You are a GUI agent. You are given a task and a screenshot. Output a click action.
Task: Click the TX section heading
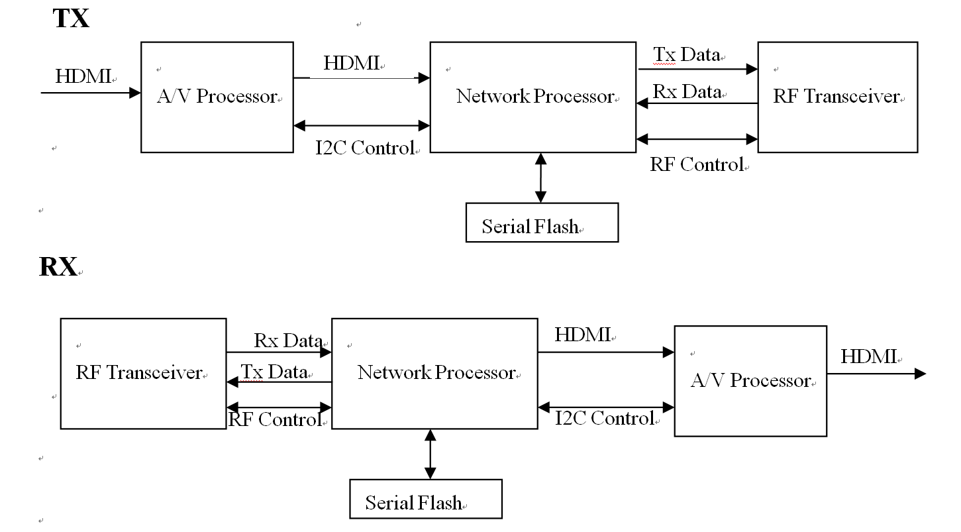pos(71,18)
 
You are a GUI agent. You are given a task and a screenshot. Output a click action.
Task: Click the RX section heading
pos(58,267)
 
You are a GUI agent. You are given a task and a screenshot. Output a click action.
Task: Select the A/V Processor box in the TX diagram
pos(217,97)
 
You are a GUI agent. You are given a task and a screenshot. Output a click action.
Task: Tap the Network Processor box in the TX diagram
pos(534,97)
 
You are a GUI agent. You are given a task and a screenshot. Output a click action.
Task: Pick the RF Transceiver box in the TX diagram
pos(837,97)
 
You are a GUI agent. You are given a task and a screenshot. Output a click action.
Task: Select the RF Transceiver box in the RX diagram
pos(143,373)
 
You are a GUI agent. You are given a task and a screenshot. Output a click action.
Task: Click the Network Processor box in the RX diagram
pos(434,373)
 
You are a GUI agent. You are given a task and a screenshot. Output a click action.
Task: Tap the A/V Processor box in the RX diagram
pos(750,380)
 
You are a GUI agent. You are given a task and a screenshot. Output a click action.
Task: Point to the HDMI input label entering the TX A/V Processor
pos(83,76)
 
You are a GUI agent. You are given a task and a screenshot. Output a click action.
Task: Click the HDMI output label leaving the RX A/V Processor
pos(868,356)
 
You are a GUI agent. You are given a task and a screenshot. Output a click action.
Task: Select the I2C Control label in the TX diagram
pos(365,148)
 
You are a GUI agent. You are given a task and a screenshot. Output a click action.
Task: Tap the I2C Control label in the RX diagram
pos(604,418)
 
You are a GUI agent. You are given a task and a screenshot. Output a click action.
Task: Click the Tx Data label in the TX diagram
pos(686,54)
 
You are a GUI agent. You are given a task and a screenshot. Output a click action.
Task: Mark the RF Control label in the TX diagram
pos(697,164)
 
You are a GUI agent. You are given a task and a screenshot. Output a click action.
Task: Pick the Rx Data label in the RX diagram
pos(288,341)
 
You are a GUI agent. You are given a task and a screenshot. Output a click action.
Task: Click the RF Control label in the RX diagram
pos(275,419)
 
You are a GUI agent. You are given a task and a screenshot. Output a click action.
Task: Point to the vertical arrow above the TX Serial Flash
pos(541,178)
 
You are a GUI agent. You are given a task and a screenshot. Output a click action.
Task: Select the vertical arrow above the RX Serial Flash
pos(430,454)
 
